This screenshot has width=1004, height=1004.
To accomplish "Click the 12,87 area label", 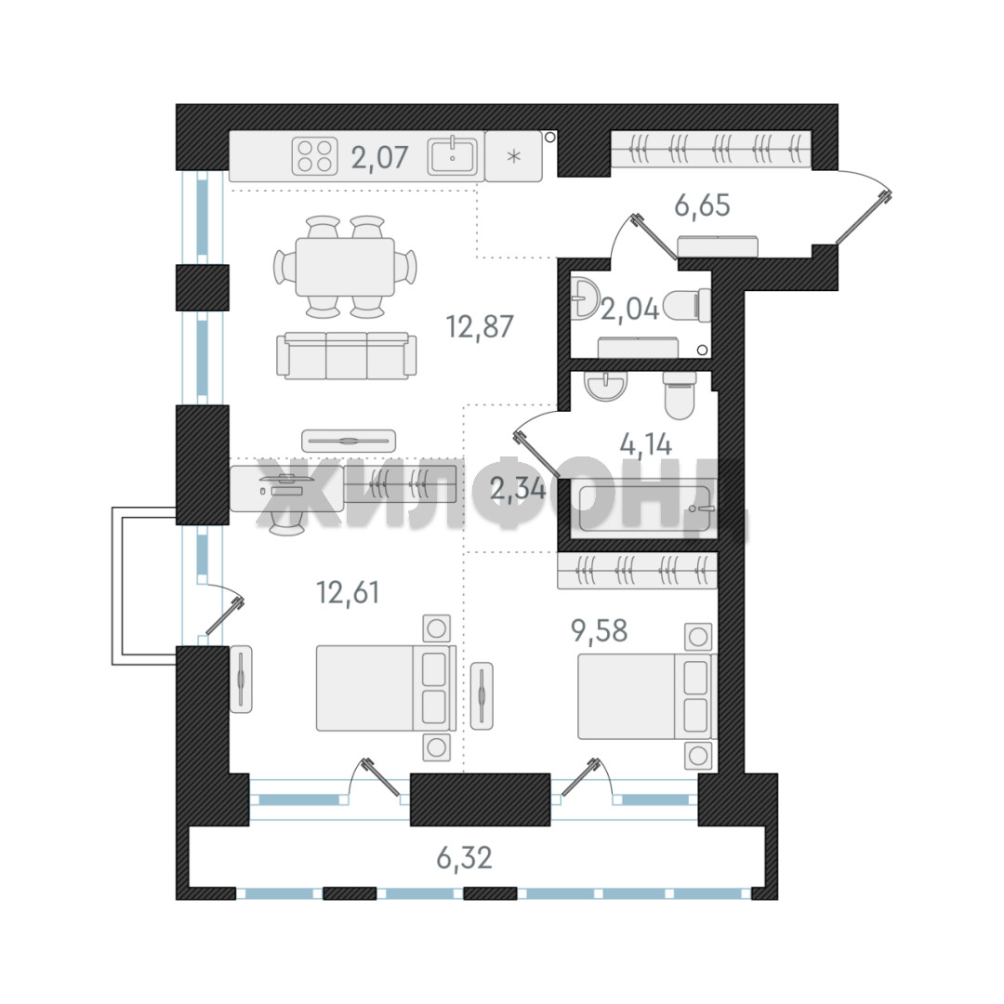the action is [x=480, y=327].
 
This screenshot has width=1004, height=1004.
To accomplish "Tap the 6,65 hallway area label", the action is [x=702, y=206].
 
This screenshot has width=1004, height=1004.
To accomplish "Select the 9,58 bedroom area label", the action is [x=600, y=631].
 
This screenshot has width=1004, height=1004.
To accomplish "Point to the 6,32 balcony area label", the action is [x=464, y=858].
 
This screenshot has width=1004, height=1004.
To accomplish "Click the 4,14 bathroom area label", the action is [x=645, y=444].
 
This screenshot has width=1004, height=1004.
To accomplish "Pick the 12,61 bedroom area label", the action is [x=348, y=593].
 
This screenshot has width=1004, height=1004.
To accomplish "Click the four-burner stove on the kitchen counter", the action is [x=315, y=156].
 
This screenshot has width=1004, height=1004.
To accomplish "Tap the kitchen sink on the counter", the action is [x=453, y=155].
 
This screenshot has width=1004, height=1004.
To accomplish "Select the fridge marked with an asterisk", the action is [x=513, y=156].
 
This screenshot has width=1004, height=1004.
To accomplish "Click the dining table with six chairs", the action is [x=345, y=267].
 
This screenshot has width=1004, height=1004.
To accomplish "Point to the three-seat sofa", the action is [x=347, y=355].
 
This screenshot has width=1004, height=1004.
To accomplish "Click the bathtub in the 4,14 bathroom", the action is [x=645, y=509].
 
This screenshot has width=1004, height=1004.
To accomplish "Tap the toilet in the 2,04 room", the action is [x=687, y=305].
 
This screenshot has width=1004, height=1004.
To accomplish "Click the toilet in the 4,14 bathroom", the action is [x=680, y=395].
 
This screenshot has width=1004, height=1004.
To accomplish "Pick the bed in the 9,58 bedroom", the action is [x=648, y=696].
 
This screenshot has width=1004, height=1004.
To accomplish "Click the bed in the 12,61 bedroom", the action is [x=386, y=688].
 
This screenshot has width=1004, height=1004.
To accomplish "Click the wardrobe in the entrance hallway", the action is [x=711, y=149].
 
